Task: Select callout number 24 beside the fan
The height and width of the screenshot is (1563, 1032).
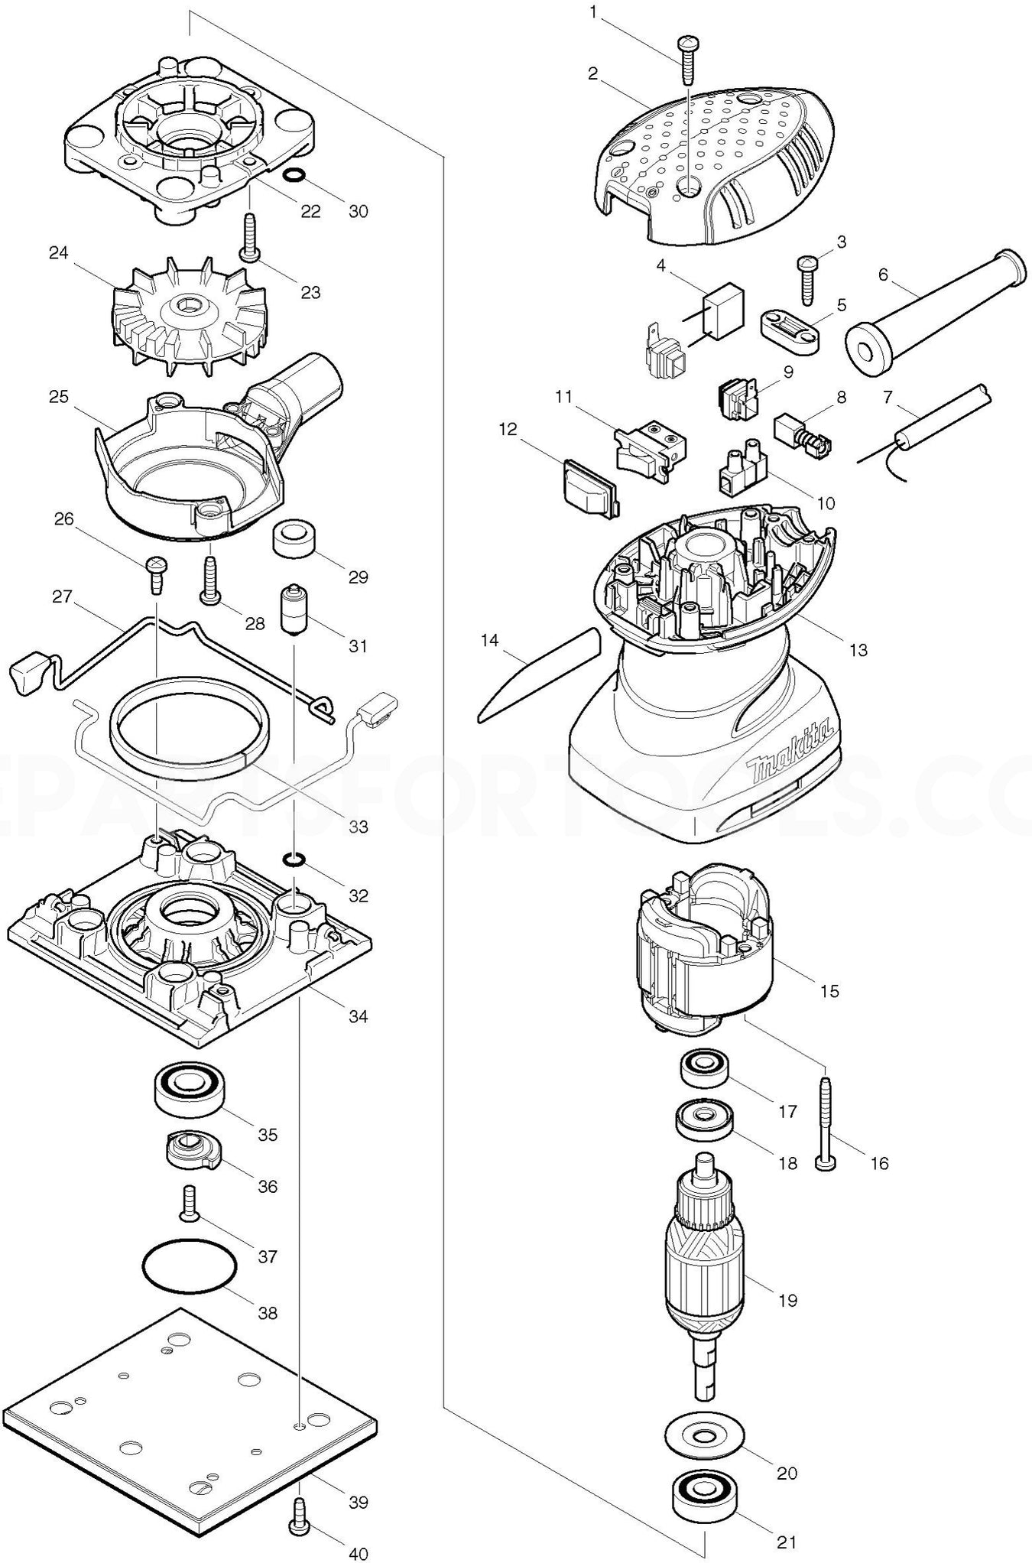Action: pyautogui.click(x=59, y=253)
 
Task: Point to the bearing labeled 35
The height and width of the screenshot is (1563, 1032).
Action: pyautogui.click(x=189, y=1088)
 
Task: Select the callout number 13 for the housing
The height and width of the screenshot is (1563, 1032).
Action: pyautogui.click(x=858, y=649)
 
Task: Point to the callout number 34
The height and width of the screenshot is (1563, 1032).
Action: pyautogui.click(x=359, y=1016)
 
